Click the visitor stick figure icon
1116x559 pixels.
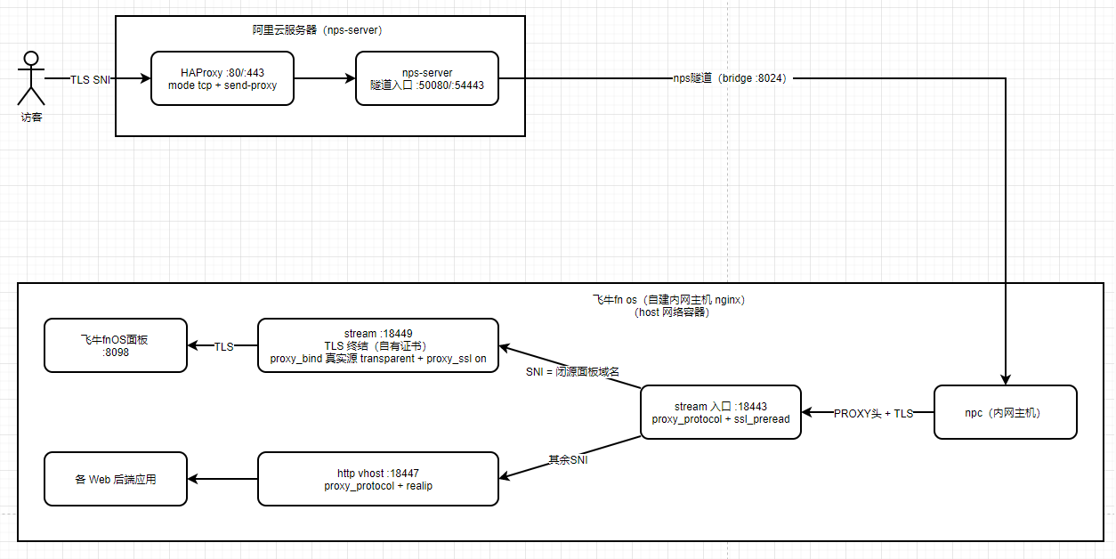[x=31, y=78]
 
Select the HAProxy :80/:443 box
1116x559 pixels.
[x=222, y=78]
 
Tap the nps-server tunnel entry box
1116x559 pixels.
[x=427, y=78]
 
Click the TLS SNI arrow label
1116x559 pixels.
[x=90, y=80]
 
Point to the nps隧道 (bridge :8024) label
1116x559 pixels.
[x=730, y=78]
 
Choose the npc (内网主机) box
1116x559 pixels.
[x=1006, y=412]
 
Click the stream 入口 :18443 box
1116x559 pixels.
[x=721, y=412]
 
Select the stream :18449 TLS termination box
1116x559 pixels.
[x=378, y=345]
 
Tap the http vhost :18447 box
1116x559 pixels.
[x=378, y=479]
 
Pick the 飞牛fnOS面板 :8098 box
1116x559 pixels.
[x=116, y=345]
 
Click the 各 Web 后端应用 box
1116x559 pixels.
[x=116, y=479]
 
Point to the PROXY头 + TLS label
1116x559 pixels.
[x=873, y=414]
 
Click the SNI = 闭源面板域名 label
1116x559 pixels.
[x=572, y=372]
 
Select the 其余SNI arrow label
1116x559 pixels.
[x=568, y=460]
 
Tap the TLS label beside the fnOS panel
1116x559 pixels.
[x=223, y=347]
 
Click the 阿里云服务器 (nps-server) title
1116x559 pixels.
[x=317, y=30]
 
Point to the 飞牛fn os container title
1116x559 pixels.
[x=668, y=306]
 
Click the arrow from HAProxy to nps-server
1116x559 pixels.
[x=325, y=78]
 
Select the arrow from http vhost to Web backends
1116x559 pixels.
[x=222, y=479]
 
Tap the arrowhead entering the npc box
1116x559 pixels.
[x=1006, y=380]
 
